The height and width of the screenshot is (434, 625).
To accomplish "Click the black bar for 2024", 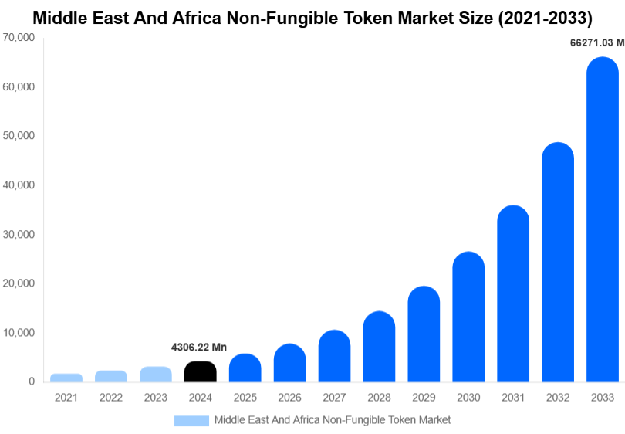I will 201,371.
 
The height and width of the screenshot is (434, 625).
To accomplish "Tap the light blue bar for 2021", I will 66,378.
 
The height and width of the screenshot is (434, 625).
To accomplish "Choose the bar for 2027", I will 334,356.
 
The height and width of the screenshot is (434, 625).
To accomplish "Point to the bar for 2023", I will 156,375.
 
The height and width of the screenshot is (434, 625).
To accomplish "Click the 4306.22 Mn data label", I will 199,348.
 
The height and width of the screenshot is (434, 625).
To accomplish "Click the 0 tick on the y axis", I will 32,381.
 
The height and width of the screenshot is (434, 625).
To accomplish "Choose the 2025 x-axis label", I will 245,398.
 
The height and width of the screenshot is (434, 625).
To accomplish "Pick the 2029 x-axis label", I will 424,398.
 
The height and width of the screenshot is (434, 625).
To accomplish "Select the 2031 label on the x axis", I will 513,398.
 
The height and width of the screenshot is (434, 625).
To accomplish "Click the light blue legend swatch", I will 191,420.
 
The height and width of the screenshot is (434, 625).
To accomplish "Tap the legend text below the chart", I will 332,420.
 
